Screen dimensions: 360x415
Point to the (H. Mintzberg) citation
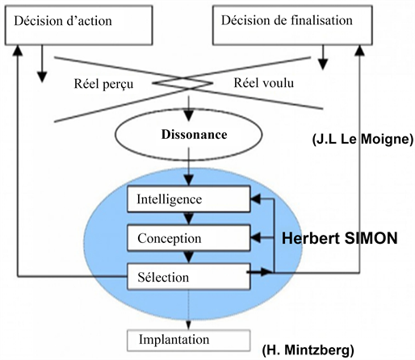tap(308, 350)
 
